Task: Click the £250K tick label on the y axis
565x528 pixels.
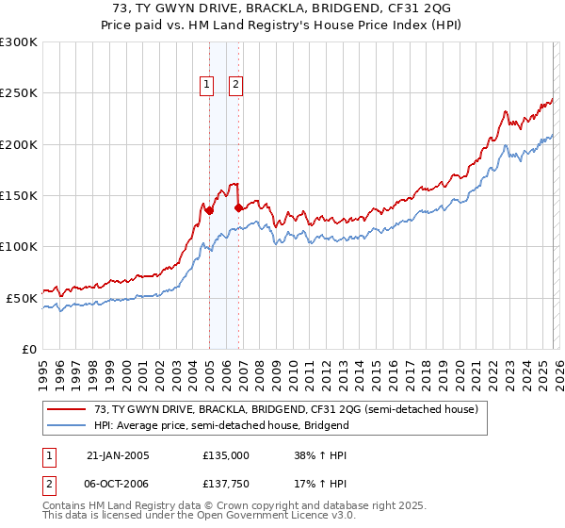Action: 19,93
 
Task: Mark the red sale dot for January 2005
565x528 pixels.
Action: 209,211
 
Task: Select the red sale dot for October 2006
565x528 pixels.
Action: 238,207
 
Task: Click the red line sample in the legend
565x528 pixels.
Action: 68,409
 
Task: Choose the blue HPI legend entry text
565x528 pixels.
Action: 221,425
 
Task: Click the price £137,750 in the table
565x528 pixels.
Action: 226,483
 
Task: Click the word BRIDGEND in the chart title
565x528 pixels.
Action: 347,8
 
